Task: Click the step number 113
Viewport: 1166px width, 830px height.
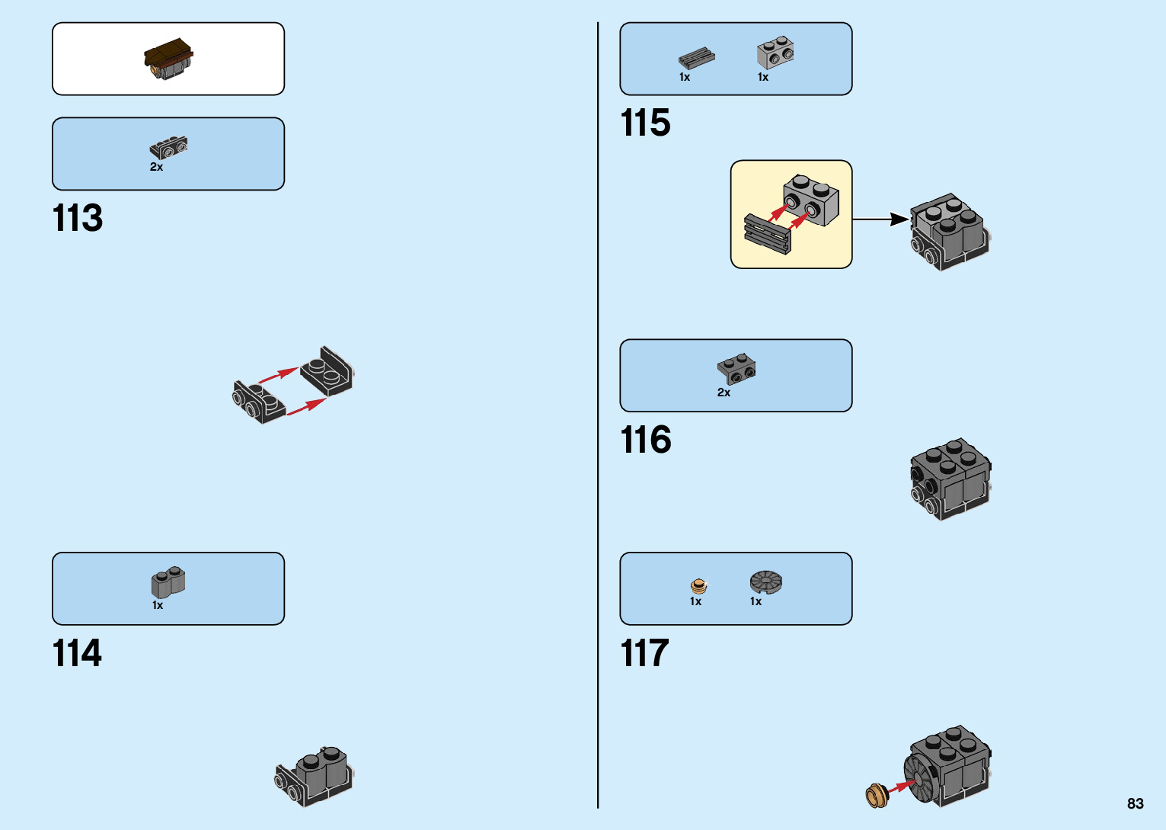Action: pos(78,219)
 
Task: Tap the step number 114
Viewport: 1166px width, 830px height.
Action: pos(77,654)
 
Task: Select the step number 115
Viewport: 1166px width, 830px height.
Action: pos(645,123)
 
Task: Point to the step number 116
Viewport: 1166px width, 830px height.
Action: pos(646,441)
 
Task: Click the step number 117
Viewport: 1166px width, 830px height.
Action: pos(644,654)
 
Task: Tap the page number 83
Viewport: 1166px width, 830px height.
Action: pos(1135,803)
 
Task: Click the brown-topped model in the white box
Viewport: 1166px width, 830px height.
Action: pos(168,59)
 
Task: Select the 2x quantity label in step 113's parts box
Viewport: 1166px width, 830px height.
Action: pos(156,167)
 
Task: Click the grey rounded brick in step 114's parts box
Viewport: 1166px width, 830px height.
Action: pos(168,583)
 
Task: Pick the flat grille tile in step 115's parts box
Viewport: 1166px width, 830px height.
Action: pos(696,58)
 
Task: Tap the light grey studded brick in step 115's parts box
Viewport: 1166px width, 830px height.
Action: pos(775,53)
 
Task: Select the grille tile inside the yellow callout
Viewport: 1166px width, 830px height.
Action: pos(767,234)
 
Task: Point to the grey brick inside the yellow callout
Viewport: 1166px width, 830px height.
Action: pos(811,200)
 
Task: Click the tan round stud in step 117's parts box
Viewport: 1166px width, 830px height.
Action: pos(698,585)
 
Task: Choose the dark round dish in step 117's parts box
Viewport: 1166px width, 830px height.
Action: pos(765,582)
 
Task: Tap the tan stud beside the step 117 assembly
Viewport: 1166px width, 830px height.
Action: pos(877,796)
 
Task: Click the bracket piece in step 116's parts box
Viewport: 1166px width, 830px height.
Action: pos(736,368)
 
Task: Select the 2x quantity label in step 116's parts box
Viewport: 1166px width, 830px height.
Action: pos(724,393)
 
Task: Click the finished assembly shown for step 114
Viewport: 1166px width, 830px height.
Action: pos(315,775)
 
